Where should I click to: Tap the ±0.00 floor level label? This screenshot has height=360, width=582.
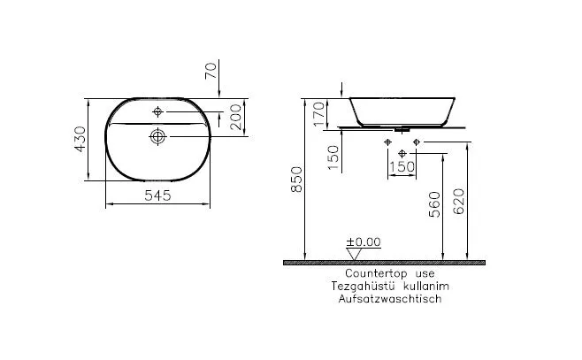[362, 241]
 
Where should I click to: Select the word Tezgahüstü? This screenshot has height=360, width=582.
[358, 287]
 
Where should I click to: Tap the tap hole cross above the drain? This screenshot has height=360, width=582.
[158, 112]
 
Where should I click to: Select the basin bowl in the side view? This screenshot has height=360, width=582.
[405, 111]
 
